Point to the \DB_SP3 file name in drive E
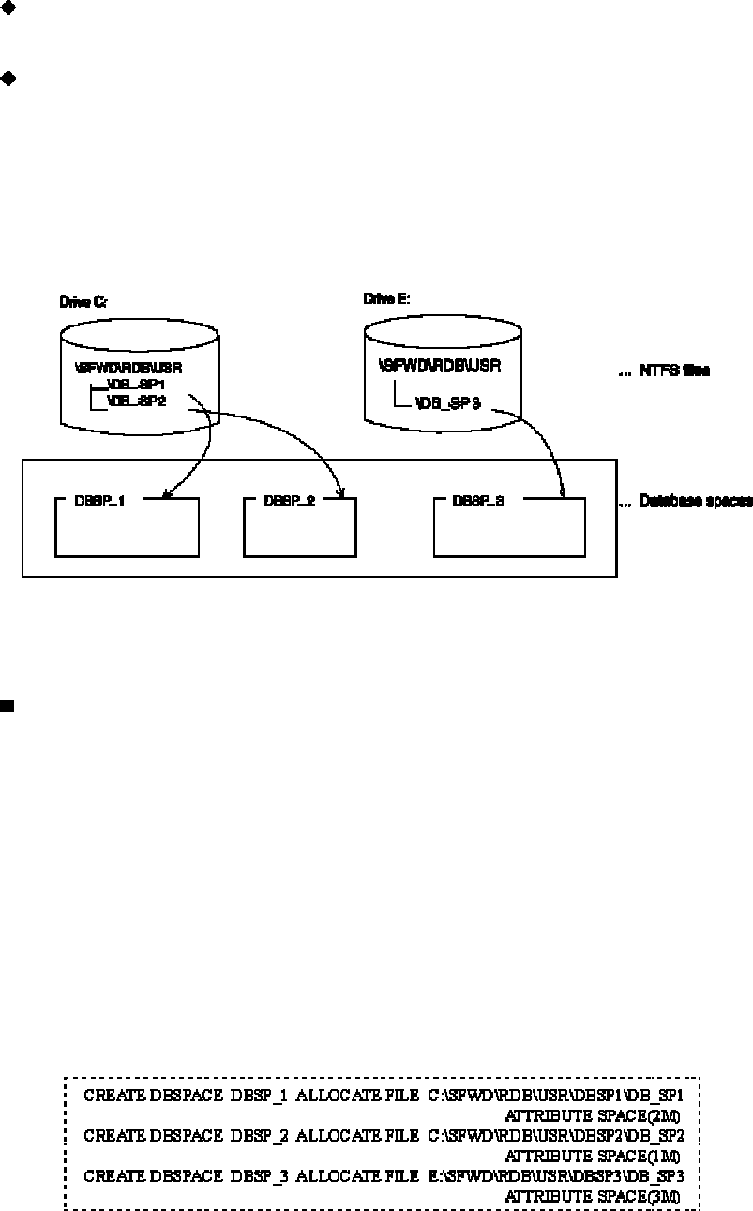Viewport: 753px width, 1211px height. point(447,404)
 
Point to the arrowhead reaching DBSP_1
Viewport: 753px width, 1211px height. point(166,494)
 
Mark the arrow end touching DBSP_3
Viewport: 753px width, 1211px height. point(561,492)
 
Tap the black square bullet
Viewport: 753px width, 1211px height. point(7,705)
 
